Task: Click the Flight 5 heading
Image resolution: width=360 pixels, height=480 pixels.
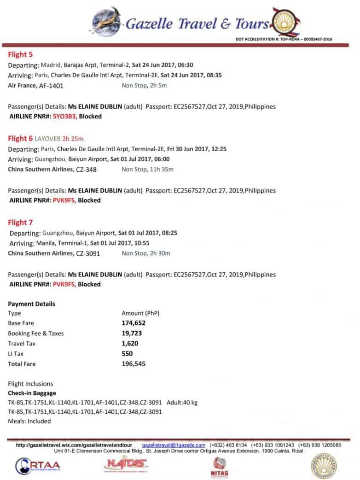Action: [x=21, y=54]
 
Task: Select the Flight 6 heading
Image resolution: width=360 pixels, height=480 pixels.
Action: [x=21, y=138]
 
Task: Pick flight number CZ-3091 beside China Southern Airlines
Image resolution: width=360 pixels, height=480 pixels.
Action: [x=88, y=253]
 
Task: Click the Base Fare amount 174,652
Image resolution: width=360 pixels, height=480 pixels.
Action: [x=133, y=323]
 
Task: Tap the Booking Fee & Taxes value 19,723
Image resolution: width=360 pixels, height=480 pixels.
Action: [x=131, y=334]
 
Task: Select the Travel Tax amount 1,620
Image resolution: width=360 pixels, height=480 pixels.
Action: [x=130, y=344]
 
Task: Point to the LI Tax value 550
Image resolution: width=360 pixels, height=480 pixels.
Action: [x=127, y=354]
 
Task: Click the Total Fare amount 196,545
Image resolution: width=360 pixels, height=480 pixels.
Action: [x=134, y=364]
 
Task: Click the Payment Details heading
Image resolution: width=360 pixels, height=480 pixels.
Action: [x=31, y=304]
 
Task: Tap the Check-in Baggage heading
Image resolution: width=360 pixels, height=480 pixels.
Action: [x=32, y=393]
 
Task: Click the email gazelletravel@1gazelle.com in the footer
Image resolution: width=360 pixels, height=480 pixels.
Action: [x=174, y=445]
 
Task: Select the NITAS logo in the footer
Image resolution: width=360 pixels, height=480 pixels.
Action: [x=220, y=466]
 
